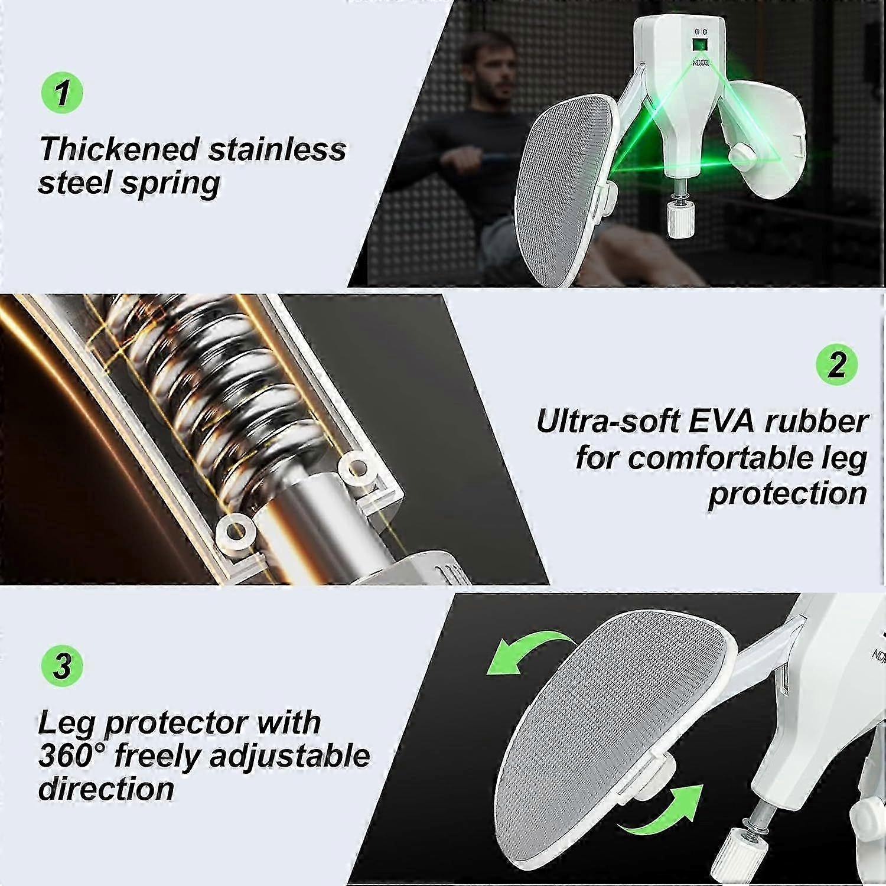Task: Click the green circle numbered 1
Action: tap(62, 93)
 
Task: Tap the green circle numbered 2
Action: tap(836, 364)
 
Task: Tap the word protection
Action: tap(788, 494)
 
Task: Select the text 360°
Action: tap(73, 755)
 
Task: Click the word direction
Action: tap(106, 789)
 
